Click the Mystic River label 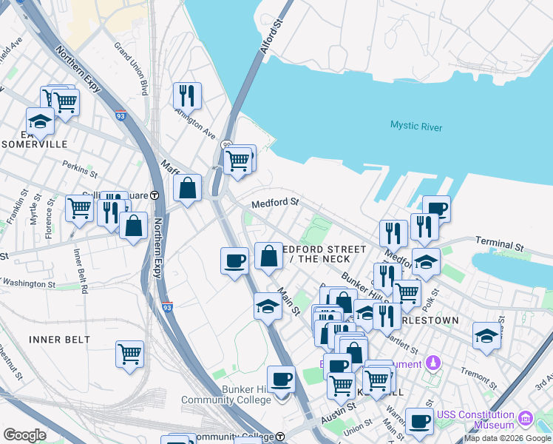[416, 127]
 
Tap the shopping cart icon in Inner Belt [129, 354]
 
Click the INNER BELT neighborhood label [59, 340]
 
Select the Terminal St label [499, 242]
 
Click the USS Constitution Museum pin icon [526, 418]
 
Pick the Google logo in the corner [24, 435]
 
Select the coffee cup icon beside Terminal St [436, 209]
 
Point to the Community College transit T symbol [280, 437]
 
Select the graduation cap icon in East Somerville [40, 121]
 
